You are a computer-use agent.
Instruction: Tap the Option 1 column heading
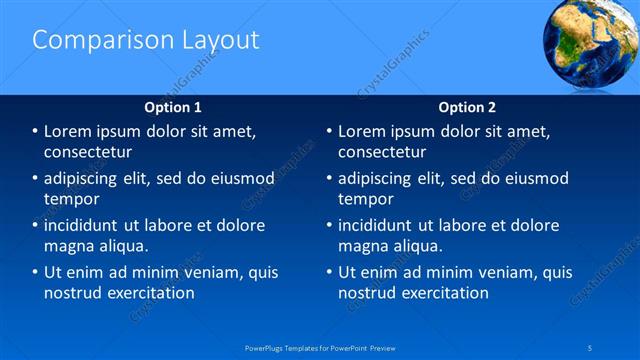click(x=173, y=107)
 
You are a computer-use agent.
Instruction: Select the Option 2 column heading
click(x=467, y=107)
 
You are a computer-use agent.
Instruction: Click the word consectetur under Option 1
click(x=88, y=152)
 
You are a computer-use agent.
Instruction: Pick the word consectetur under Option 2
click(x=383, y=152)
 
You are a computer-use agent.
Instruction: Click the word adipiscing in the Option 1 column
click(x=83, y=179)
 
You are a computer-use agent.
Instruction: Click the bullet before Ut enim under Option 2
click(x=330, y=272)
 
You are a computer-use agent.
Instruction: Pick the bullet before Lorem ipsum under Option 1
click(x=36, y=131)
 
